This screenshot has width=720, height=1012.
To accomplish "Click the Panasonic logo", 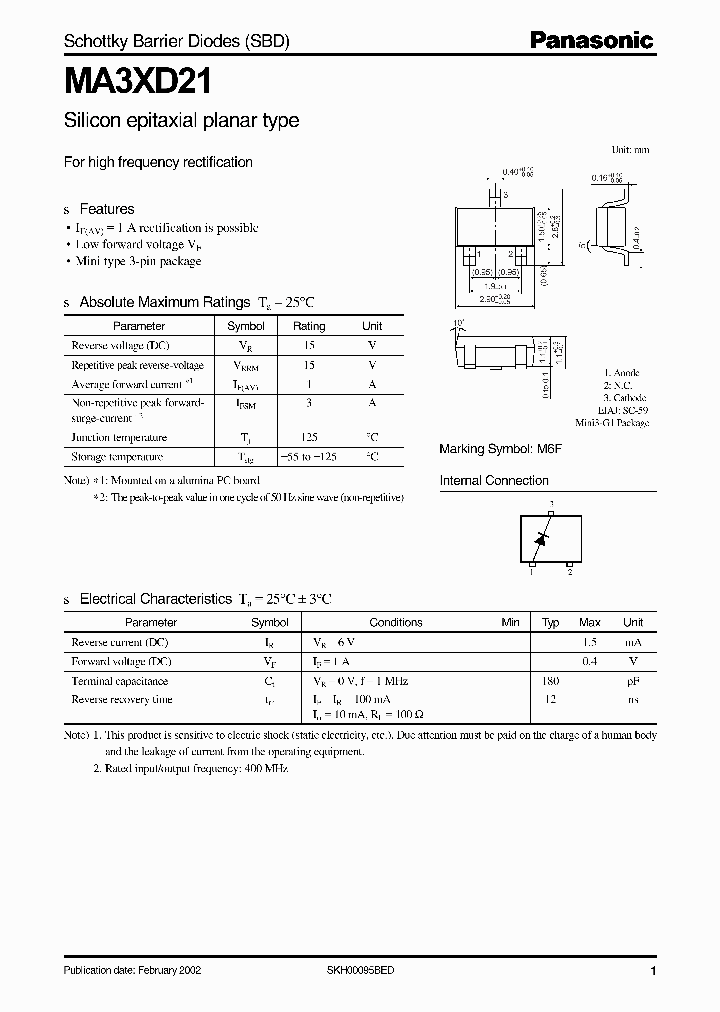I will (590, 41).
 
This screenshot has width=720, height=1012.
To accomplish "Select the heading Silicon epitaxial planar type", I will (181, 121).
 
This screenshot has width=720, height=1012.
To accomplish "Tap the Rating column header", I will (308, 326).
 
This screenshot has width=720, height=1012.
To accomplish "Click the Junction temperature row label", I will (119, 437).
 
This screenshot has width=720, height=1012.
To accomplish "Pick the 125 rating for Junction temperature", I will (308, 437).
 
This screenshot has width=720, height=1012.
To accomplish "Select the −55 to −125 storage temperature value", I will (308, 457).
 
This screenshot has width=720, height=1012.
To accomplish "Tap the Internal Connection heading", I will (494, 481).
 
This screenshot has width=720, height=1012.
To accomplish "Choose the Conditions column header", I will (396, 622).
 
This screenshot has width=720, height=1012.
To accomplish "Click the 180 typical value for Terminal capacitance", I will (550, 681).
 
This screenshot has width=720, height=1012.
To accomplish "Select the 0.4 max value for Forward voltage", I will (590, 662).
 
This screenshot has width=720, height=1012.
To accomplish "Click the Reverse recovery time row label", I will (122, 700).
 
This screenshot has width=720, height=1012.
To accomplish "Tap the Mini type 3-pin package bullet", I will (139, 261).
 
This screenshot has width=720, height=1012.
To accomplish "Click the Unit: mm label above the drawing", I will (630, 149).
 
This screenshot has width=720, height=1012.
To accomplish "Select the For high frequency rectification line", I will (158, 162).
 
